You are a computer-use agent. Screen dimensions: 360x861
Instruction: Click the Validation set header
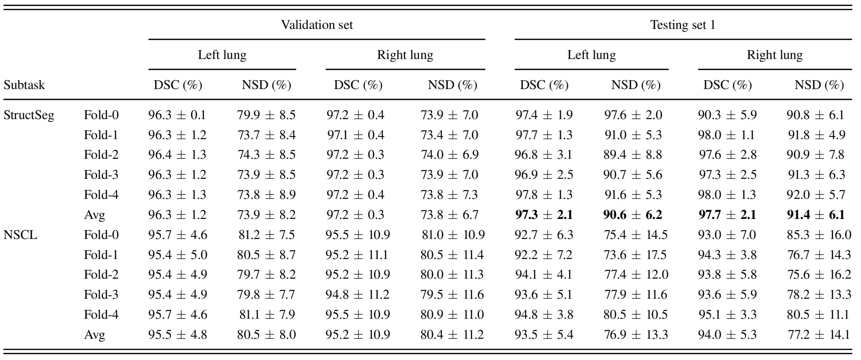pyautogui.click(x=317, y=25)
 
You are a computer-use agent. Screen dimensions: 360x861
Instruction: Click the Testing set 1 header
pyautogui.click(x=683, y=25)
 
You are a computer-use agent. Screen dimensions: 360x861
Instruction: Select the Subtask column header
pyautogui.click(x=24, y=85)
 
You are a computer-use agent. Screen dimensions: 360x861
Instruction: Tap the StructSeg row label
pyautogui.click(x=29, y=115)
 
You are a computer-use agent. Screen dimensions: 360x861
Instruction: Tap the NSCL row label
pyautogui.click(x=20, y=235)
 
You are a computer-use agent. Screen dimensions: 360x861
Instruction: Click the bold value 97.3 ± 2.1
pyautogui.click(x=544, y=215)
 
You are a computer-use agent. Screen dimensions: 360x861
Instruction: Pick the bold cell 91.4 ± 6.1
pyautogui.click(x=816, y=215)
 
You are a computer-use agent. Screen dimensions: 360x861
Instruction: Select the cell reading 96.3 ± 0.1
pyautogui.click(x=177, y=115)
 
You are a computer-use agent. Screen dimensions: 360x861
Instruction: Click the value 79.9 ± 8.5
pyautogui.click(x=266, y=115)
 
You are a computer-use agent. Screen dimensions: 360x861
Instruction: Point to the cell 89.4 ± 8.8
pyautogui.click(x=633, y=155)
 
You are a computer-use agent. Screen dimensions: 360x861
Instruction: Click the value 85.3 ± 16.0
pyautogui.click(x=819, y=235)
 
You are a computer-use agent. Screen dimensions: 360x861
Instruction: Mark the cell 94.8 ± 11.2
pyautogui.click(x=357, y=294)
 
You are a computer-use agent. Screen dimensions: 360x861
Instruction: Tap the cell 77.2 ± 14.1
pyautogui.click(x=819, y=335)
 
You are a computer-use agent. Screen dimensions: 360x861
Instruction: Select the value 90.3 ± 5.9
pyautogui.click(x=727, y=115)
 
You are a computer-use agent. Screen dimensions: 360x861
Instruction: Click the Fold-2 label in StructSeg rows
pyautogui.click(x=101, y=155)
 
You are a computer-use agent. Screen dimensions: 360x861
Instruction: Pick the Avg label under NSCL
pyautogui.click(x=94, y=335)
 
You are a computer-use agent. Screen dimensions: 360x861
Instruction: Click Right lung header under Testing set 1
pyautogui.click(x=774, y=55)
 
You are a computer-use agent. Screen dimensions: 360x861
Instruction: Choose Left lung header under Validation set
pyautogui.click(x=222, y=55)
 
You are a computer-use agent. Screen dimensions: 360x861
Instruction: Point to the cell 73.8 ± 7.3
pyautogui.click(x=449, y=195)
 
